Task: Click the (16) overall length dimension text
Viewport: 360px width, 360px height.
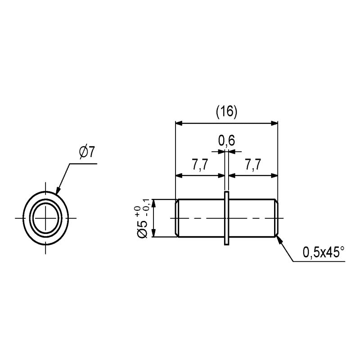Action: (x=226, y=112)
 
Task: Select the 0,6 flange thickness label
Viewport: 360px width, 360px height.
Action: (x=226, y=140)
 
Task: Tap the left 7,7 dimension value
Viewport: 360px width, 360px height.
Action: (x=200, y=165)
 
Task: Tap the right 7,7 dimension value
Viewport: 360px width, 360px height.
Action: (x=253, y=165)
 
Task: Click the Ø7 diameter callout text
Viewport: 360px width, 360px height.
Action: (x=87, y=152)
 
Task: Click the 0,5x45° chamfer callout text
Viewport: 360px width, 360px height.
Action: (x=324, y=252)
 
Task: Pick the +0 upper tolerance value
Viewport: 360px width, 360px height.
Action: (x=138, y=211)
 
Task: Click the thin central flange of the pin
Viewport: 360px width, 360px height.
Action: (x=227, y=218)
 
